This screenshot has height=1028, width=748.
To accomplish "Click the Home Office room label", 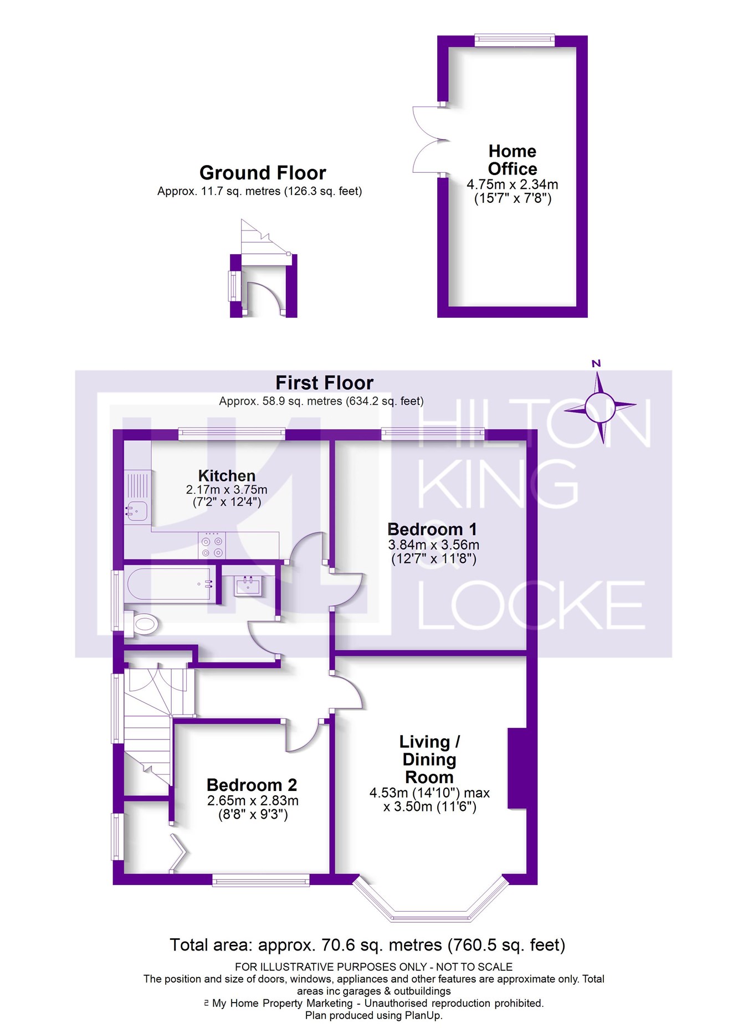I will pyautogui.click(x=512, y=160).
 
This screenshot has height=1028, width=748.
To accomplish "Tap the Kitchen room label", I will pyautogui.click(x=227, y=476).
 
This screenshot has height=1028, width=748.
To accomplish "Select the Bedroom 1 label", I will pyautogui.click(x=432, y=530).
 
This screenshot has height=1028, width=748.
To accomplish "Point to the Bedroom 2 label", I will pyautogui.click(x=252, y=785).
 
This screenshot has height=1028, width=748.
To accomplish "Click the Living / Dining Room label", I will pyautogui.click(x=429, y=759).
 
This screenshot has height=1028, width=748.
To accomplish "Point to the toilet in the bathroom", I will pyautogui.click(x=144, y=625).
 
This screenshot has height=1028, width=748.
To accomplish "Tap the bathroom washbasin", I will pyautogui.click(x=248, y=585).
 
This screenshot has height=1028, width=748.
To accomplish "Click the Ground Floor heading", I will pyautogui.click(x=263, y=173).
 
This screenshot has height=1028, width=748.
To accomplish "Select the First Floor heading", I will pyautogui.click(x=324, y=383).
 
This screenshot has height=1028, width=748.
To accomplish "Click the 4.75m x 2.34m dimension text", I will pyautogui.click(x=512, y=184).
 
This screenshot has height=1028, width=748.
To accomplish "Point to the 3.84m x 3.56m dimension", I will pyautogui.click(x=433, y=545).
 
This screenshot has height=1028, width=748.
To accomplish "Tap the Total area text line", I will pyautogui.click(x=367, y=945).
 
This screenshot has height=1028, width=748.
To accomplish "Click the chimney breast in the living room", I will pyautogui.click(x=516, y=769).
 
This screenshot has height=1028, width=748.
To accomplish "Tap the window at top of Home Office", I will pyautogui.click(x=515, y=39).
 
